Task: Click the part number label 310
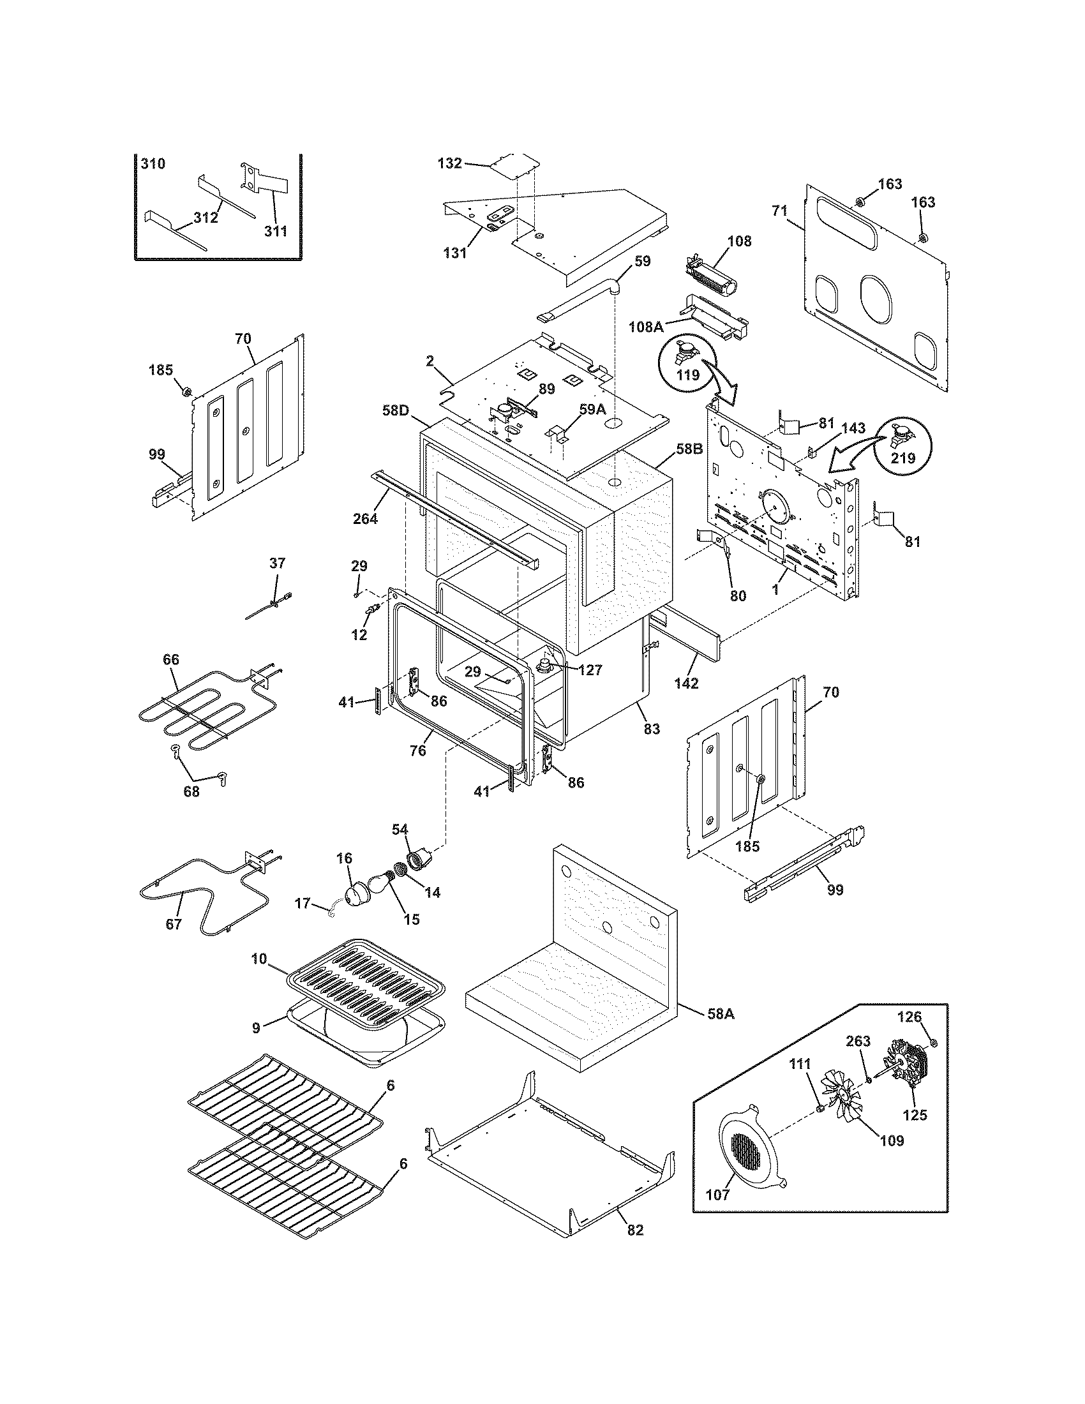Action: (x=153, y=164)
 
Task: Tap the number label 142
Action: (x=686, y=683)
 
